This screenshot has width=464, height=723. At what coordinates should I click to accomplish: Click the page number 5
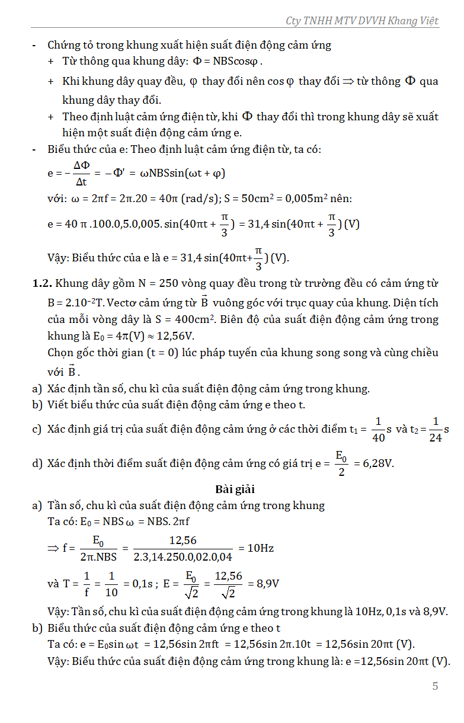tap(435, 686)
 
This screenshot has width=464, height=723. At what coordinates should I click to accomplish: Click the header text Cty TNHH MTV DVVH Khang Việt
tap(362, 21)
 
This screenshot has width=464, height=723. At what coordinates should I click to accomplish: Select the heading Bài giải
tap(235, 490)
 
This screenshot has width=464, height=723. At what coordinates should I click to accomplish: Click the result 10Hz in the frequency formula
tap(260, 548)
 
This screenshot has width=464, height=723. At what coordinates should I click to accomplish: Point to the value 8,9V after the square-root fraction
tap(267, 583)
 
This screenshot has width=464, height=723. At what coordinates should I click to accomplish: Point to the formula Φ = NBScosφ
tap(226, 61)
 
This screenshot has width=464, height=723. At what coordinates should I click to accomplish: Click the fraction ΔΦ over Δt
tap(81, 174)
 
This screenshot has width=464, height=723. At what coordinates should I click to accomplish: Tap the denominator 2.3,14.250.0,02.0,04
tap(183, 557)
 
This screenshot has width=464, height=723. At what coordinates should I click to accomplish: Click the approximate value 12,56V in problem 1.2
tap(178, 336)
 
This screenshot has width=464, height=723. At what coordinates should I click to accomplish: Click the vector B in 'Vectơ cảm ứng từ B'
tap(204, 302)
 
